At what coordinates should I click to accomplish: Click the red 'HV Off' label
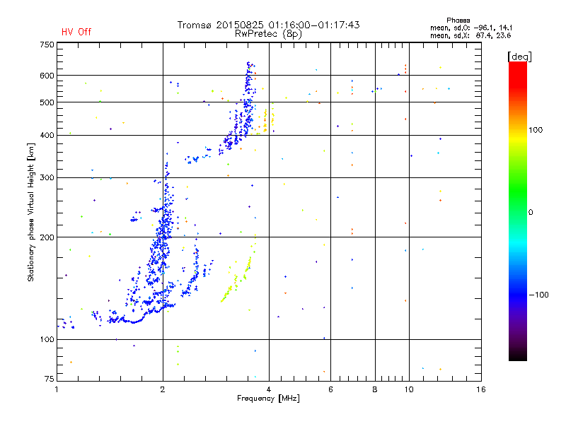click(76, 32)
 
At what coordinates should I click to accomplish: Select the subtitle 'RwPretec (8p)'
click(268, 33)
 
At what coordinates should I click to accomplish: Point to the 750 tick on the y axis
click(46, 44)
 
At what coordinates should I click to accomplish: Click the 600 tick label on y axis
click(46, 75)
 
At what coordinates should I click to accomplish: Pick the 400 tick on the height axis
click(46, 135)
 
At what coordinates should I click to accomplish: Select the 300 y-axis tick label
click(46, 177)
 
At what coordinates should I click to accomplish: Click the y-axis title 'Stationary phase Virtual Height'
click(31, 213)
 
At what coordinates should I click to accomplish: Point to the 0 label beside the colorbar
click(531, 212)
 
